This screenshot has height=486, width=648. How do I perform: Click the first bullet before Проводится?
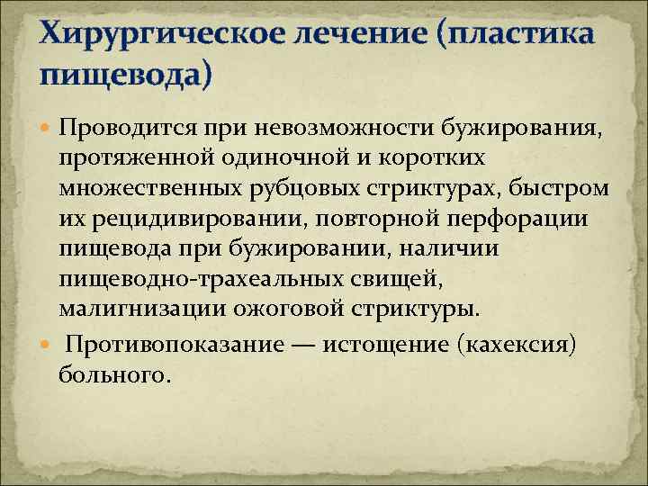[x=48, y=122]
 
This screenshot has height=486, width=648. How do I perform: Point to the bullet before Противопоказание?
[x=48, y=346]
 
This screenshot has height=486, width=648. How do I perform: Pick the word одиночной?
[x=270, y=158]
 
